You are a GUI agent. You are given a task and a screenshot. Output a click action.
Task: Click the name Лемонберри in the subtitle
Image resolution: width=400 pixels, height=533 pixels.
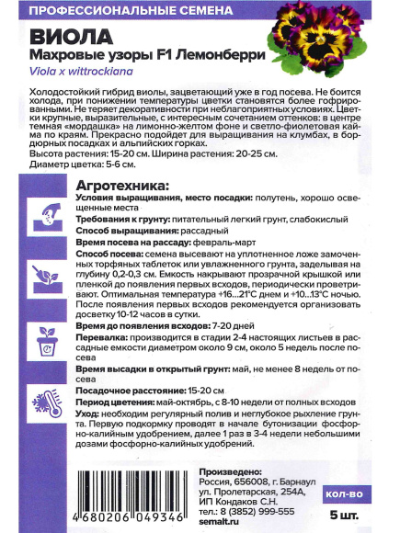(x=220, y=57)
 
